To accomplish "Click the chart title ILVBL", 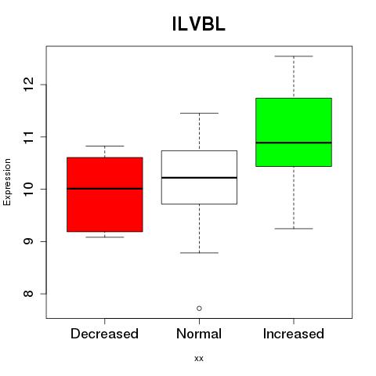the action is coord(199,24).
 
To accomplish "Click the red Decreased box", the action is coord(105,194).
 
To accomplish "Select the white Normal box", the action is coord(199,177).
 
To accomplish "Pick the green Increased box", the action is coord(294,132).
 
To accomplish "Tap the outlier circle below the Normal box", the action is coord(199,309).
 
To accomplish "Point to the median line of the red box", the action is coord(105,189).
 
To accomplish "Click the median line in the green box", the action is coord(294,143).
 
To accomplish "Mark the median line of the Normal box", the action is coord(199,178).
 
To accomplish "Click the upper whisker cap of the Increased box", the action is coord(294,56).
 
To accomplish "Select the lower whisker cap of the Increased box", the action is coord(294,229).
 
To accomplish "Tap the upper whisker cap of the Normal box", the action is coord(199,113).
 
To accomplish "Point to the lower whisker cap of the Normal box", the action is coord(199,253).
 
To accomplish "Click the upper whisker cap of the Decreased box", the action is coord(105,146).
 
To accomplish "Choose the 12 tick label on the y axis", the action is coord(29,85).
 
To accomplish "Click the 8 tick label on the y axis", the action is coord(29,294).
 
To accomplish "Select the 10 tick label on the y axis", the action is coord(29,189).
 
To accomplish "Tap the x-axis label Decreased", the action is coord(104,334).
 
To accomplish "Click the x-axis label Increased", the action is coord(294,334).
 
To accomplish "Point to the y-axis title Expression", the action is coord(7,183).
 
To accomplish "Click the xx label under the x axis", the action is coord(199,359).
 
